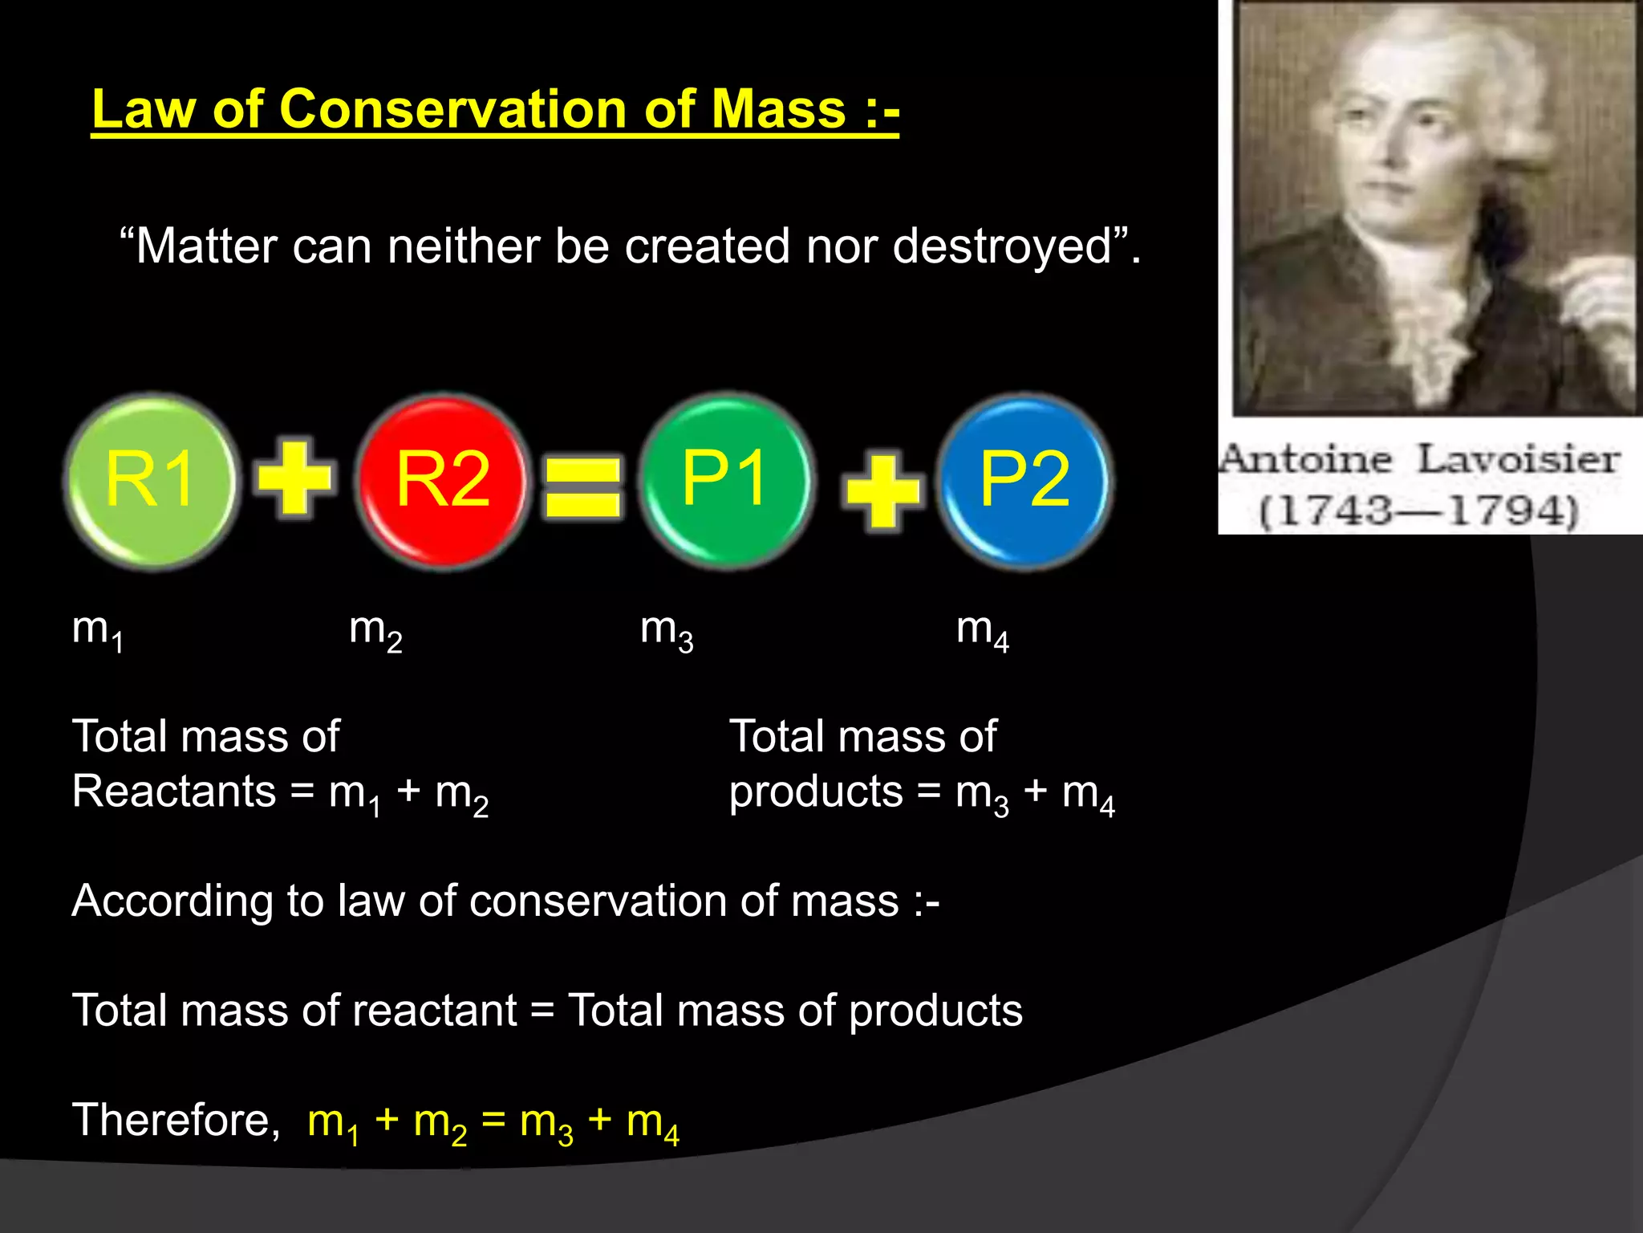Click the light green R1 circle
pyautogui.click(x=150, y=481)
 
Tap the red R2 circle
pyautogui.click(x=442, y=481)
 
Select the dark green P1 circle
pyautogui.click(x=726, y=481)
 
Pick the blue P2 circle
pyautogui.click(x=1024, y=481)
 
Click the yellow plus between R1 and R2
pyautogui.click(x=294, y=478)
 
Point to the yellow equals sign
pyautogui.click(x=582, y=486)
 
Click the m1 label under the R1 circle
pyautogui.click(x=96, y=631)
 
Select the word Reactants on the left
pyautogui.click(x=173, y=791)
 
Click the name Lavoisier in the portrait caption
pyautogui.click(x=1518, y=459)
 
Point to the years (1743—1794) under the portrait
pyautogui.click(x=1418, y=511)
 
